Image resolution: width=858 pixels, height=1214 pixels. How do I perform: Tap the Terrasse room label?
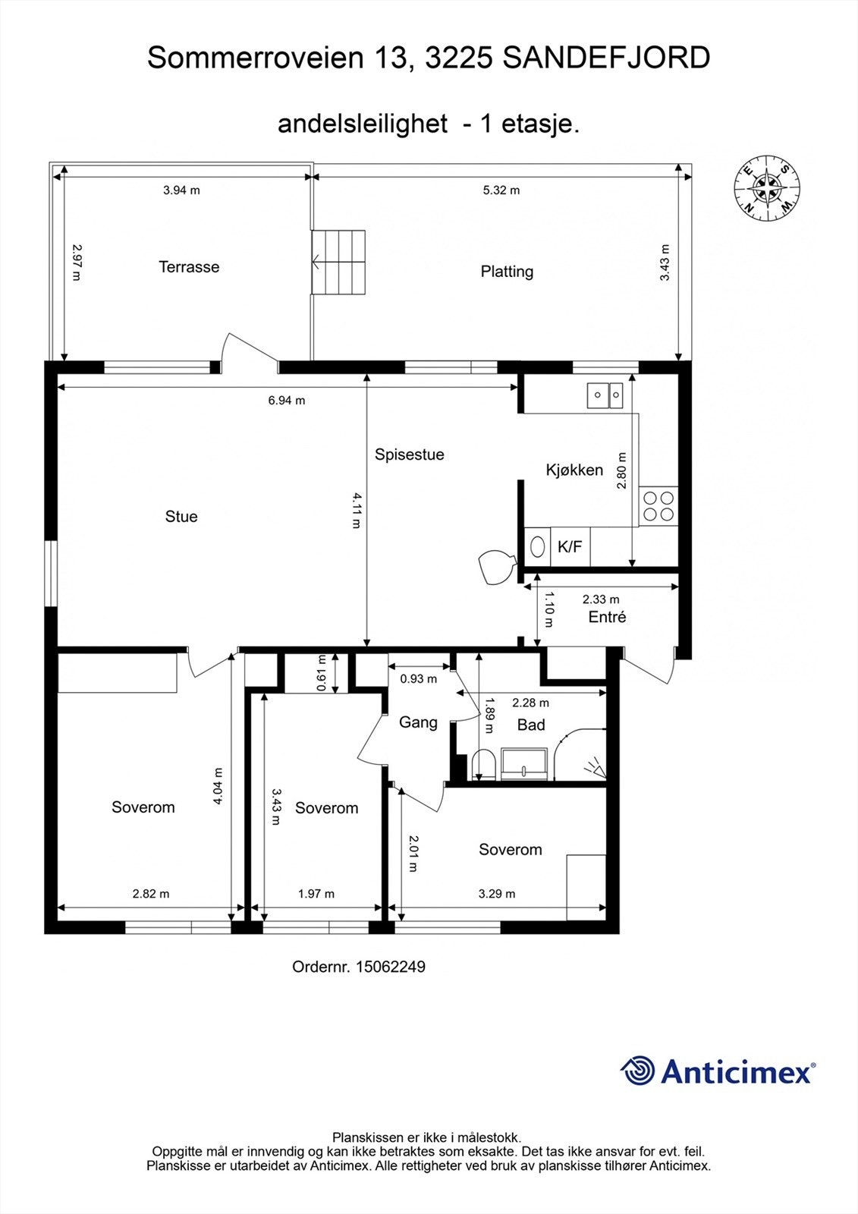tap(189, 267)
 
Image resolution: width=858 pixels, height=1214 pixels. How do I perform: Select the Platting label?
tap(507, 272)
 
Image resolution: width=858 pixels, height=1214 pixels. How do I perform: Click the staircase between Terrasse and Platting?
tap(339, 263)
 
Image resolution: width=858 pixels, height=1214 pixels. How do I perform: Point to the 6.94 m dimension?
tap(286, 401)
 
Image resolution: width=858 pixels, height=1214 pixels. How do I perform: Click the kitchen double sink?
tap(605, 394)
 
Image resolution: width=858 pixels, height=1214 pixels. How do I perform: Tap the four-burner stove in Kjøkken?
tap(658, 506)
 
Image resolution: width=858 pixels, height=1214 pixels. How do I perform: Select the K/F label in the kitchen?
tap(570, 546)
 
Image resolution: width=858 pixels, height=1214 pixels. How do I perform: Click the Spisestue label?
tap(409, 454)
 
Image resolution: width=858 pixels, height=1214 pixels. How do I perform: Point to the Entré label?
tap(607, 618)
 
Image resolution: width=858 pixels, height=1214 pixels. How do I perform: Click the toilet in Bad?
tap(483, 763)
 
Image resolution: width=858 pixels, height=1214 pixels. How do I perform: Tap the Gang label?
tap(418, 722)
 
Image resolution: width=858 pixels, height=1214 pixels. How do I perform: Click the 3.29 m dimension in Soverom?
tap(497, 894)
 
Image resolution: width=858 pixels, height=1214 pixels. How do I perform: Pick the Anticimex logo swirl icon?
tap(638, 1071)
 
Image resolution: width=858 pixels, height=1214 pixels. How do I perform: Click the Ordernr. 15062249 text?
tap(358, 967)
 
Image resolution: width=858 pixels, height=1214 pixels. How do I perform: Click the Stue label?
tap(181, 517)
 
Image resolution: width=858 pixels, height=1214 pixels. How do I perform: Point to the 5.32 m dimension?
tap(501, 190)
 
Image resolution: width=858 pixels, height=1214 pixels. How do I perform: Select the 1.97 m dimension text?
tap(316, 894)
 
